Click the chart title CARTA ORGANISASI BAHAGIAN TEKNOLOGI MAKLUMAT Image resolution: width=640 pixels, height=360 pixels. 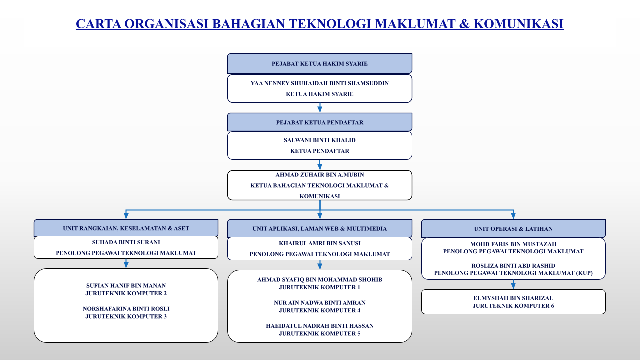(x=319, y=24)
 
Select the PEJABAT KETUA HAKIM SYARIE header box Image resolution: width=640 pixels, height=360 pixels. (x=319, y=64)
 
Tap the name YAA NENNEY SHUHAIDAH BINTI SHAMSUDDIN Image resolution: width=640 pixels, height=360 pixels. (x=319, y=83)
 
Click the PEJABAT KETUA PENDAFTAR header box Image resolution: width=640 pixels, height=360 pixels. (x=319, y=122)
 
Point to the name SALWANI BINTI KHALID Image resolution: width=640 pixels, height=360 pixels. (x=319, y=140)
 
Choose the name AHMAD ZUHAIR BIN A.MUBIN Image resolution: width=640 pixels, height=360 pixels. (x=319, y=175)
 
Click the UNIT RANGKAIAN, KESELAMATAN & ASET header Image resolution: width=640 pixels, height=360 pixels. (x=126, y=228)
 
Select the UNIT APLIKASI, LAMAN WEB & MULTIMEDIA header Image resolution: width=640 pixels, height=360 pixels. (x=319, y=229)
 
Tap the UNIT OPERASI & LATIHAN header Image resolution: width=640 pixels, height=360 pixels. (x=513, y=229)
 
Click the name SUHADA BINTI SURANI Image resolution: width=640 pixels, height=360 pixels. (x=126, y=242)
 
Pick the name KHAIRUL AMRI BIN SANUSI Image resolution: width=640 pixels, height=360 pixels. (x=319, y=243)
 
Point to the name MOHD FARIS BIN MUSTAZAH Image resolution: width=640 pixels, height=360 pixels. (x=513, y=244)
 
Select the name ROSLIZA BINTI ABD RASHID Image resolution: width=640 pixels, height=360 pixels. (x=513, y=266)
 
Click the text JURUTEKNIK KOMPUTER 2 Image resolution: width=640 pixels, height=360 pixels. (x=126, y=293)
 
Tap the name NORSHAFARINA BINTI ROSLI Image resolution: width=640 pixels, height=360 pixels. (x=126, y=309)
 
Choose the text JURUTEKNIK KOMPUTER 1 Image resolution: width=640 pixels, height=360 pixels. (x=319, y=287)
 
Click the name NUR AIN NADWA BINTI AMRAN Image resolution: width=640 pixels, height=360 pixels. (x=319, y=303)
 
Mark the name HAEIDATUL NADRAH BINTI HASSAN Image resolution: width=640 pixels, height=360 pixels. (x=319, y=326)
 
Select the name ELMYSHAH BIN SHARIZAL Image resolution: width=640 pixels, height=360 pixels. (x=513, y=298)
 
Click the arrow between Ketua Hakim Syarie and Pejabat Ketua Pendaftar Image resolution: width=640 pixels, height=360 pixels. (x=320, y=108)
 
